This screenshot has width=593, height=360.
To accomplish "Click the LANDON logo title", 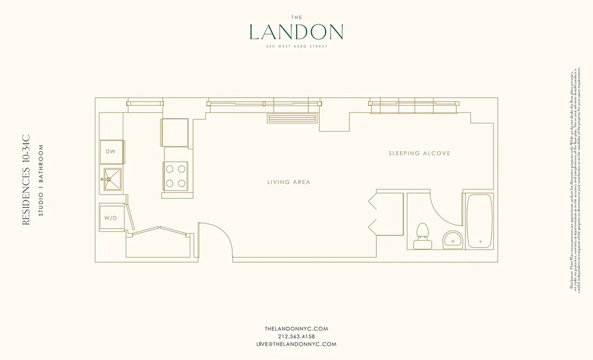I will pyautogui.click(x=296, y=32).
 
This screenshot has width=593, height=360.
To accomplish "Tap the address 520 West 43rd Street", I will pyautogui.click(x=296, y=46).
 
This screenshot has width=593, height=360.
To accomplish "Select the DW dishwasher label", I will pyautogui.click(x=111, y=152).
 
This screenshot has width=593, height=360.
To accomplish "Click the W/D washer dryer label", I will pyautogui.click(x=111, y=218).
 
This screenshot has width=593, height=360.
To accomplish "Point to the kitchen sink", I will pyautogui.click(x=112, y=180).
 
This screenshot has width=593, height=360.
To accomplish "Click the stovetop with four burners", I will pyautogui.click(x=175, y=176).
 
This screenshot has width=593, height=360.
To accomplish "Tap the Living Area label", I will pyautogui.click(x=289, y=182).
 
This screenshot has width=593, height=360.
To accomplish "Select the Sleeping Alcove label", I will pyautogui.click(x=419, y=153).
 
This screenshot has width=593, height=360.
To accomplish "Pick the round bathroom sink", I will pyautogui.click(x=452, y=239).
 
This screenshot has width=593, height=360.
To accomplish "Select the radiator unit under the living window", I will pyautogui.click(x=293, y=118).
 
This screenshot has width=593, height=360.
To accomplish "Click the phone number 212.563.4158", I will pyautogui.click(x=296, y=336).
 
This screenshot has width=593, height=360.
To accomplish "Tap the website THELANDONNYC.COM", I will pyautogui.click(x=296, y=328).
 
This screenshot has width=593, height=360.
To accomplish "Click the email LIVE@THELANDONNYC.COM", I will pyautogui.click(x=296, y=344).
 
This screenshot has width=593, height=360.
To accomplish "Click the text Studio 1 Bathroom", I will pyautogui.click(x=40, y=180).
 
